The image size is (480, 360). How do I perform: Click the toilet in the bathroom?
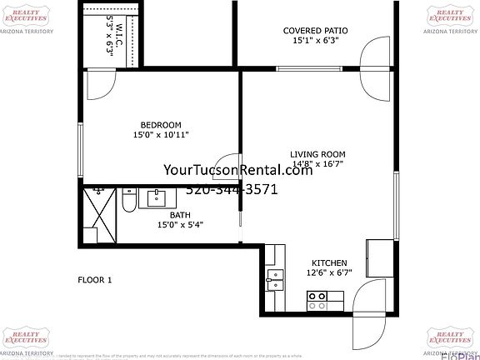128,201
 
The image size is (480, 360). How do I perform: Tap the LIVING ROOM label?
317,154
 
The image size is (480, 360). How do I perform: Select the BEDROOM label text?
161,125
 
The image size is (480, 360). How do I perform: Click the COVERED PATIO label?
320,31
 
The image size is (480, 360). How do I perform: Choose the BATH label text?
180,214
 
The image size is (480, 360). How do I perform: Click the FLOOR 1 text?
94,280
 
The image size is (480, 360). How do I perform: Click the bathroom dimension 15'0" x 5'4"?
180,224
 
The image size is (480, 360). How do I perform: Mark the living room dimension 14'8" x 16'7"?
317,165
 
